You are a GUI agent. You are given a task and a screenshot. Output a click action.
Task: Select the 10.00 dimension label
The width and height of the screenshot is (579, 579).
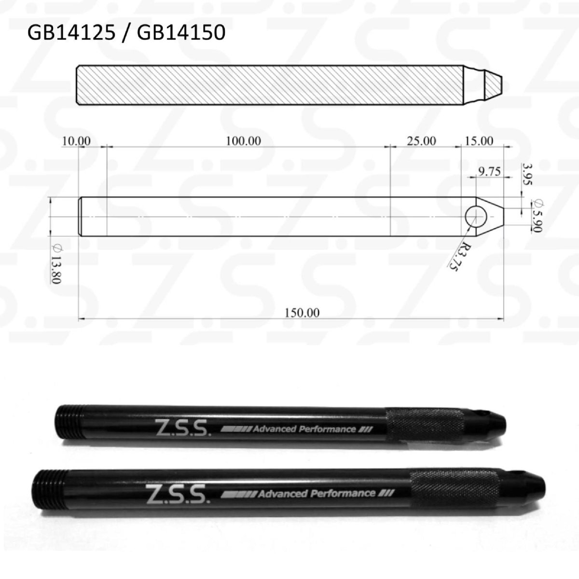pyautogui.click(x=76, y=141)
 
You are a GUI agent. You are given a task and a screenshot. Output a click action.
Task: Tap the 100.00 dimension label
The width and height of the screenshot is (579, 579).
pyautogui.click(x=243, y=141)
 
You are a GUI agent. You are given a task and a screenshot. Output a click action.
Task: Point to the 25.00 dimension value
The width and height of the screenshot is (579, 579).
pyautogui.click(x=422, y=141)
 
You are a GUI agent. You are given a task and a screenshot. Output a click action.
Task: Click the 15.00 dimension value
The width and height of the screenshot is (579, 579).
pyautogui.click(x=479, y=141)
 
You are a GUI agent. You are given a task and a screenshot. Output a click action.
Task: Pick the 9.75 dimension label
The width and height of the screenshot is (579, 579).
pyautogui.click(x=489, y=172)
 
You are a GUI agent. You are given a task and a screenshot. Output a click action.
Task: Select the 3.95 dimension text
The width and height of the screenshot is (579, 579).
pyautogui.click(x=527, y=174)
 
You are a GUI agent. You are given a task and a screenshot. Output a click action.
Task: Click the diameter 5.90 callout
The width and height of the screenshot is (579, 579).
pyautogui.click(x=537, y=216)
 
